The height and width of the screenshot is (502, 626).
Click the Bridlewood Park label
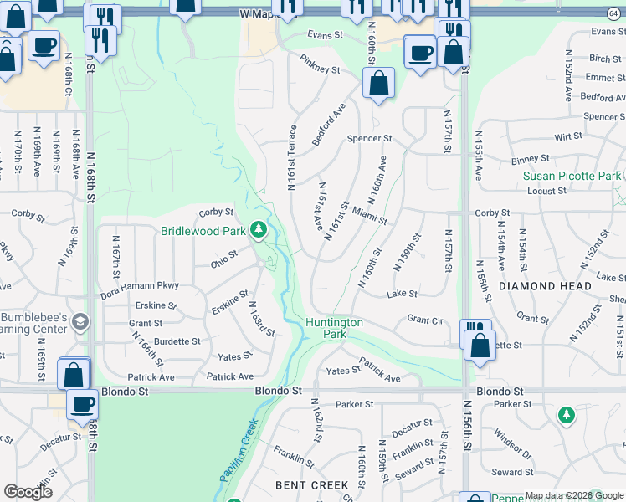point(203,231)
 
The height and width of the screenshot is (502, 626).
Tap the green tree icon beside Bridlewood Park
point(259,228)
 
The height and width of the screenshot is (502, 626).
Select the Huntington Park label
point(334,328)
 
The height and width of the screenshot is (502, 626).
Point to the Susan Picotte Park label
point(572,176)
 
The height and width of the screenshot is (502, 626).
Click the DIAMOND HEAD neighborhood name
point(545,285)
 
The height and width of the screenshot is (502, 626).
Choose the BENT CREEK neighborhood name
point(312,485)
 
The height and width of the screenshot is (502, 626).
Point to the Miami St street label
point(369,216)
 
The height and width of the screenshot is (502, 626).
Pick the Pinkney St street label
point(321,71)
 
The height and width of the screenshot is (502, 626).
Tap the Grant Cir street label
point(424,319)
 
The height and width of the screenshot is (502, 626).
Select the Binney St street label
point(529,157)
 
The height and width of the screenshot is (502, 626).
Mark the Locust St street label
point(547,191)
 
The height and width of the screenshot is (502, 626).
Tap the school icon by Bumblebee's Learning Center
point(80,322)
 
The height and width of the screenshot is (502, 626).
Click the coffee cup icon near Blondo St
point(82,405)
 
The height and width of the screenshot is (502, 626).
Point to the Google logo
point(28,492)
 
